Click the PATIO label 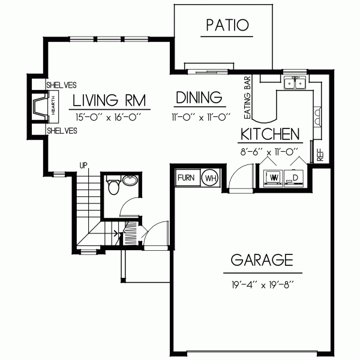[227, 25]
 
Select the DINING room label [199, 98]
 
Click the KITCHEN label [269, 133]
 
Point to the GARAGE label [262, 260]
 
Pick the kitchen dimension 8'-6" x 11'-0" [269, 152]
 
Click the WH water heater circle [210, 178]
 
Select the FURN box [186, 178]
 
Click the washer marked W [272, 178]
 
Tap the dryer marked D [295, 178]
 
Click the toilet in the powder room [112, 187]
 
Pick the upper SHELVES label [62, 84]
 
